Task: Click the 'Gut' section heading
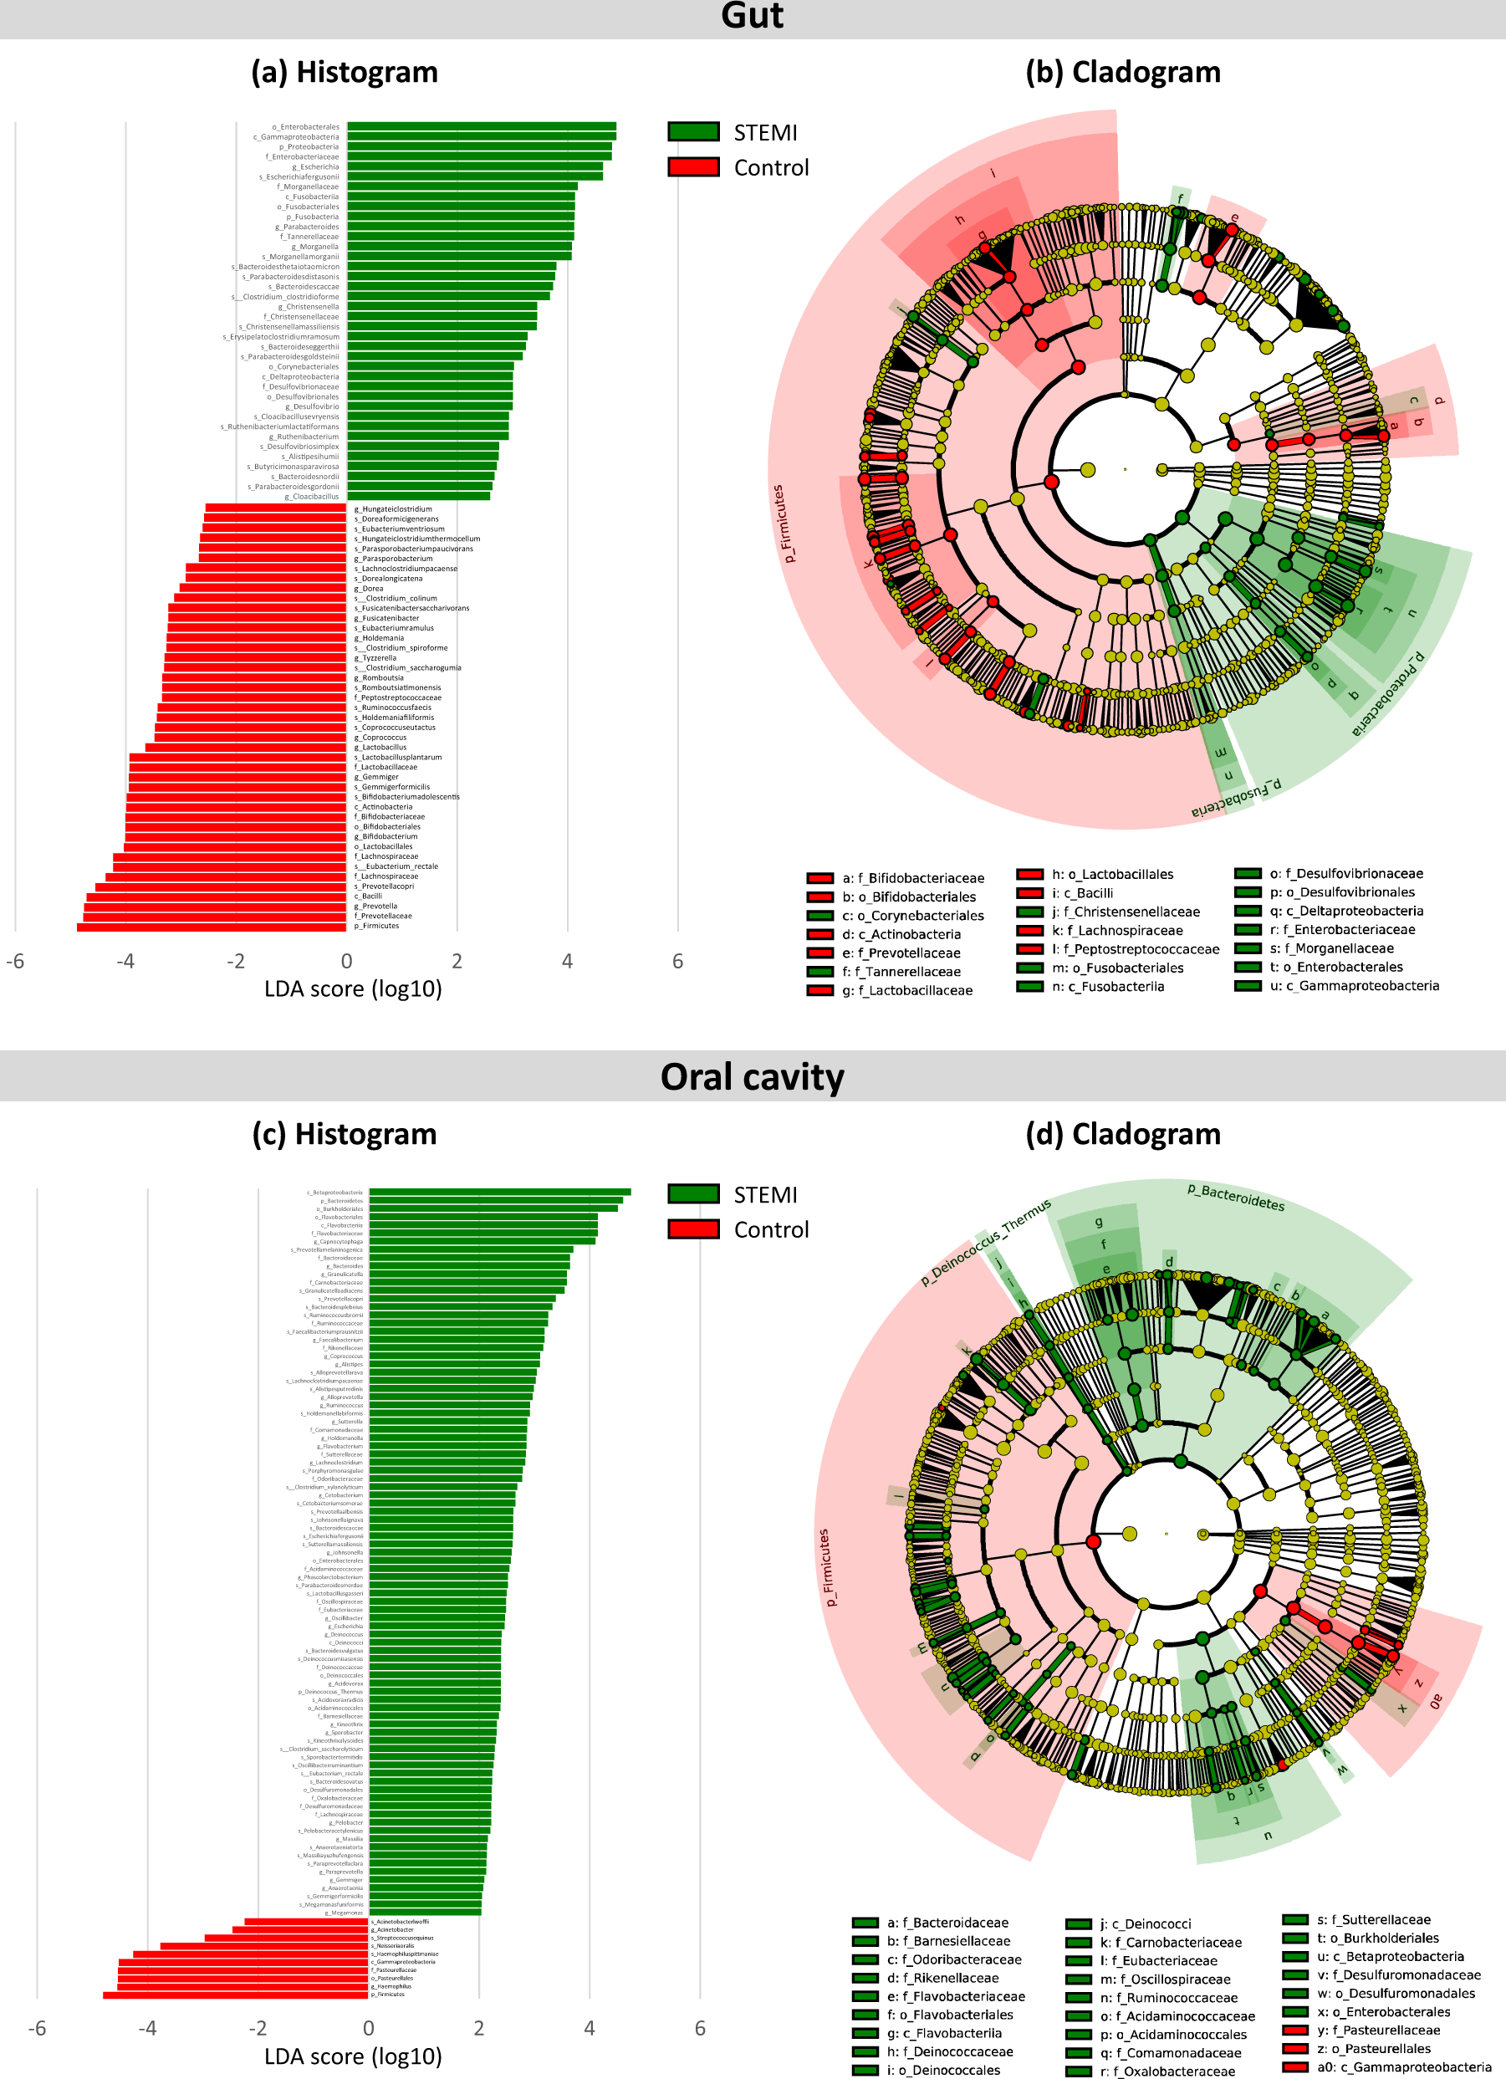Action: click(x=752, y=17)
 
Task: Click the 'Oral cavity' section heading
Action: click(x=752, y=1076)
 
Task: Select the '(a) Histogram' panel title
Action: click(x=345, y=73)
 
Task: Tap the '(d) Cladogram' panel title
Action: click(x=1123, y=1134)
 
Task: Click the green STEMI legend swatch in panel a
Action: click(x=693, y=132)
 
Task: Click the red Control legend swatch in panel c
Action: click(x=693, y=1229)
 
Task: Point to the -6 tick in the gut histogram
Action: click(x=15, y=962)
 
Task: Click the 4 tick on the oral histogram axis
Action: click(x=590, y=2028)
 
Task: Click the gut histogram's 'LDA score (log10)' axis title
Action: click(x=353, y=989)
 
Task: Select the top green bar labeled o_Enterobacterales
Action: click(x=481, y=126)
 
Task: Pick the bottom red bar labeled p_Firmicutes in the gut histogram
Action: click(x=212, y=927)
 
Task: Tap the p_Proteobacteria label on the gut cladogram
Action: click(x=1388, y=694)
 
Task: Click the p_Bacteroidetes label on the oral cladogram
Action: click(x=1236, y=1198)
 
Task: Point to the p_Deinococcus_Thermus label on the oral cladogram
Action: click(x=985, y=1241)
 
